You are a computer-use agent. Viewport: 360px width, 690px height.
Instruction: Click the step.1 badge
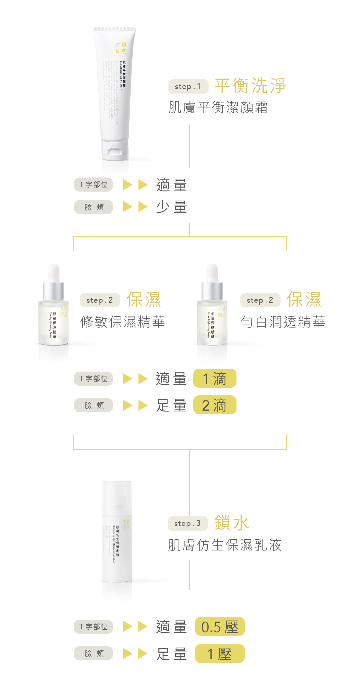point(188,86)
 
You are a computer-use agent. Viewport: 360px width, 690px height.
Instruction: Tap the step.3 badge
point(187,523)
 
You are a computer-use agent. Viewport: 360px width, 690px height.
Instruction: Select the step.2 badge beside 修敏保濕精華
point(100,300)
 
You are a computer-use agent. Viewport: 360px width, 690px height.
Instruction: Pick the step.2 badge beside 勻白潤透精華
point(260,300)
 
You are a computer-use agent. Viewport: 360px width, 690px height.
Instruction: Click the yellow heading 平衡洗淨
point(250,86)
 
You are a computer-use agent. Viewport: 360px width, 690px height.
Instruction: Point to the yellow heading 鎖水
point(232,523)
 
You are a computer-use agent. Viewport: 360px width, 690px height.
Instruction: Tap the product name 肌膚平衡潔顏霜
point(218,107)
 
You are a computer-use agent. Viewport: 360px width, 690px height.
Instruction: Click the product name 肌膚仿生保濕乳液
point(225,545)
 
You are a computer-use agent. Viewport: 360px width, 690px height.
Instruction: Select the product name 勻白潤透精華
point(283,322)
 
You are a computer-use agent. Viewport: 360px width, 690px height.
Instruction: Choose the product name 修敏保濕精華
point(122,322)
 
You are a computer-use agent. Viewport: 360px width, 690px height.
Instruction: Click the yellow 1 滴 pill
point(215,379)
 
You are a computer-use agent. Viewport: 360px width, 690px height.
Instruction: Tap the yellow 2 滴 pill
point(215,405)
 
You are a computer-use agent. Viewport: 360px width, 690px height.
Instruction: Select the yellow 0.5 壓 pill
point(220,627)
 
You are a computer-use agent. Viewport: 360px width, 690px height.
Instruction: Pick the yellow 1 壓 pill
point(220,653)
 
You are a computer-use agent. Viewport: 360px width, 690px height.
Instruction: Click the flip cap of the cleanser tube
point(115,151)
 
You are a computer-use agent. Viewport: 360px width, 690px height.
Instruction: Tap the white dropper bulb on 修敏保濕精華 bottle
point(53,273)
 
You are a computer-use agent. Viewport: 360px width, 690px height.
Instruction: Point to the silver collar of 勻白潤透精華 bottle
point(212,291)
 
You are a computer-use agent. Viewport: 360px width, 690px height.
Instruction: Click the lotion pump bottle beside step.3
point(117,532)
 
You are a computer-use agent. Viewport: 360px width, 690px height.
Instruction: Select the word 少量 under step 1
point(171,207)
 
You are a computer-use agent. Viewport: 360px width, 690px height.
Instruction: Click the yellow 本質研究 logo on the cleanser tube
point(121,48)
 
